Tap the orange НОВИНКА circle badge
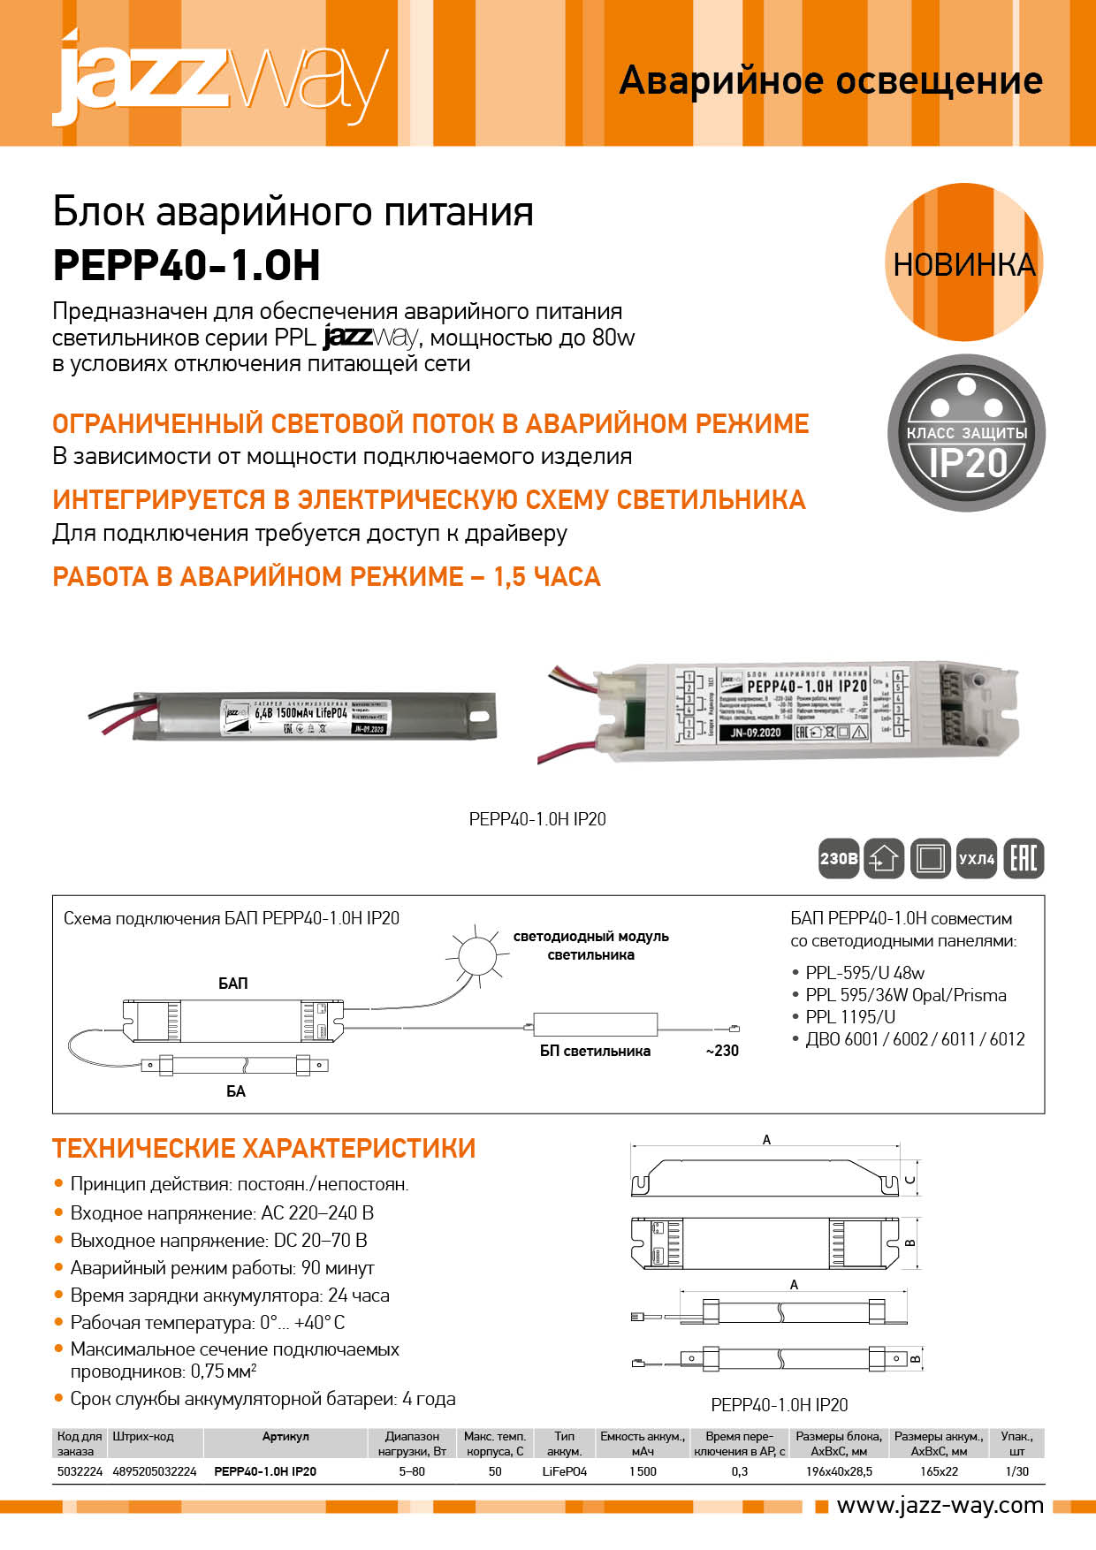click(x=963, y=263)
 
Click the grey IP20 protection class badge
click(x=966, y=433)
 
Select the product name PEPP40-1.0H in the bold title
click(x=186, y=265)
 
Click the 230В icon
click(x=839, y=858)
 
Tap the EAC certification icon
click(x=1024, y=858)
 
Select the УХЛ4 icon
click(x=977, y=858)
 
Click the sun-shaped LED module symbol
click(x=477, y=954)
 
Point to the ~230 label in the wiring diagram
click(x=721, y=1051)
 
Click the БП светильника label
click(x=595, y=1051)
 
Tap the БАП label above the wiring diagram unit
click(x=233, y=983)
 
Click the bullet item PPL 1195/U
click(x=850, y=1017)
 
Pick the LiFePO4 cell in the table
click(x=564, y=1471)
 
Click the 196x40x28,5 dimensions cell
click(x=839, y=1471)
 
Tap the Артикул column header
click(x=285, y=1437)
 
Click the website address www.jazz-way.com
click(x=940, y=1505)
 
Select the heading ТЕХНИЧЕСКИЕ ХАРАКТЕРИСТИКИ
click(x=263, y=1148)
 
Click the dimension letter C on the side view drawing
click(x=911, y=1180)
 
